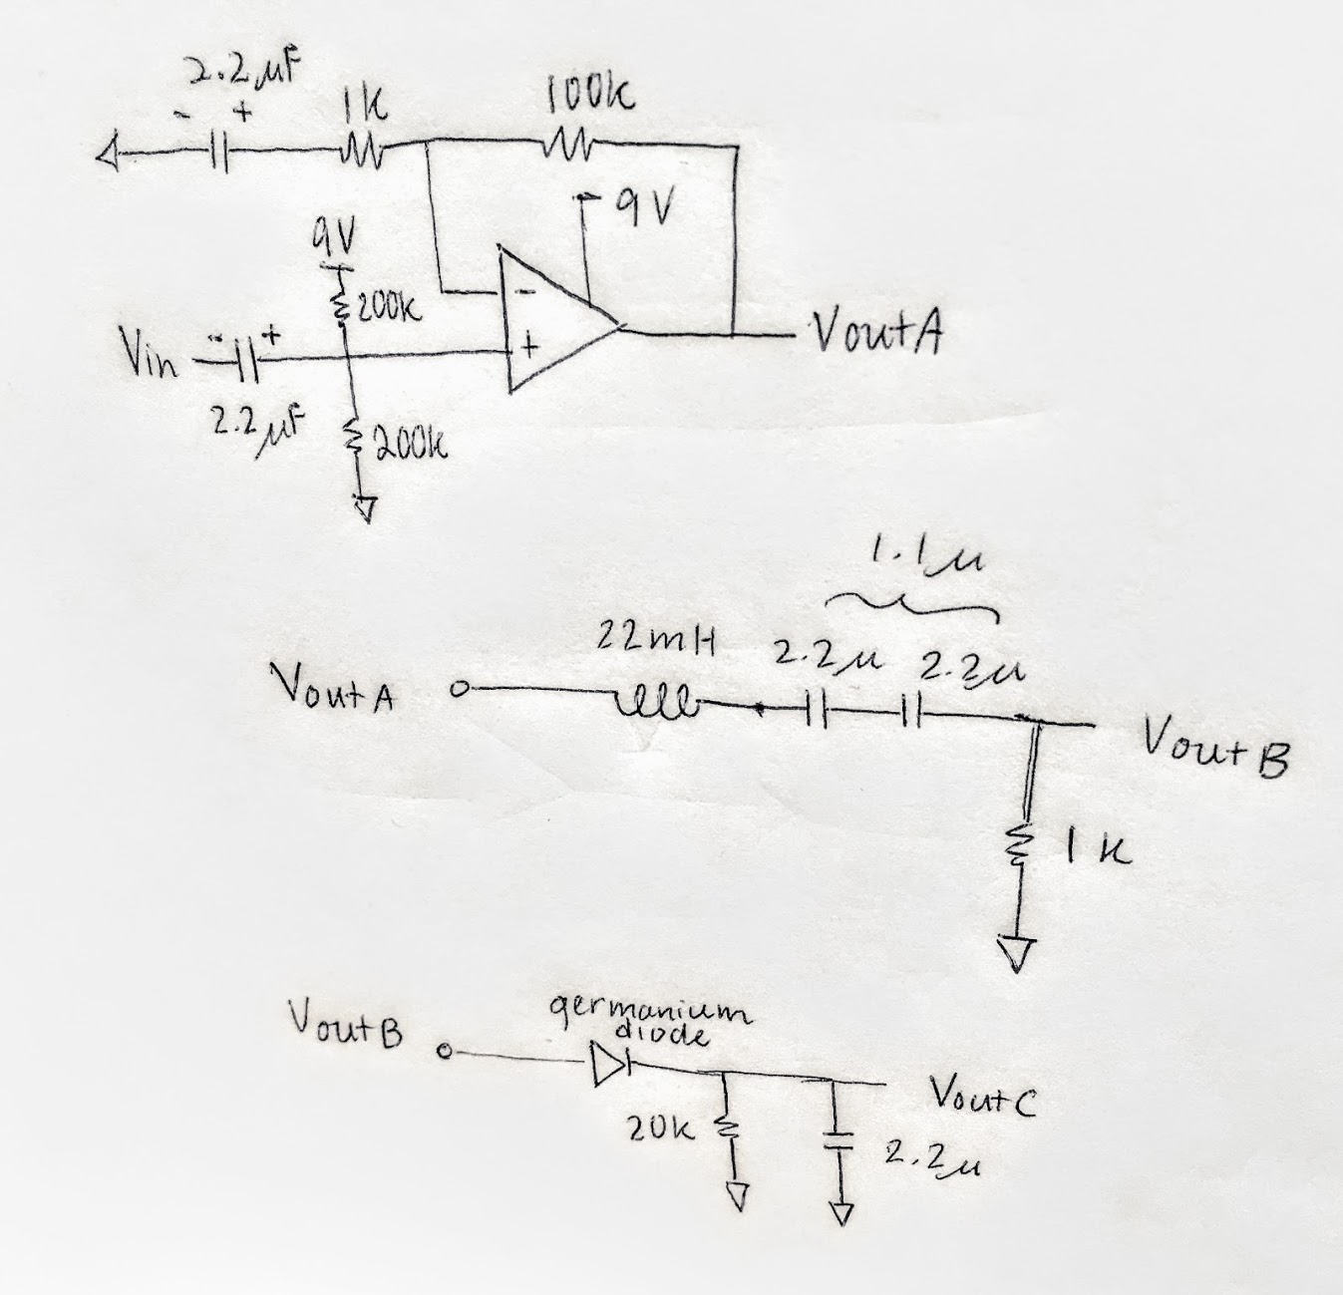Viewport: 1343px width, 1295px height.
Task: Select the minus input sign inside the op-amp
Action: (524, 290)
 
